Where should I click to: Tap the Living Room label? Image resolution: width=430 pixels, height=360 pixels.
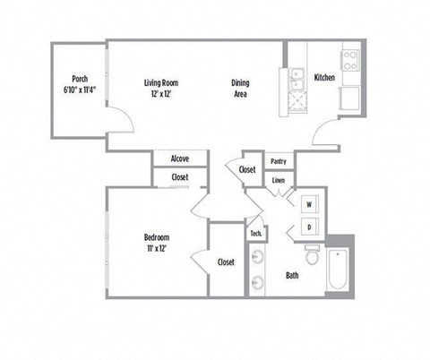pyautogui.click(x=162, y=83)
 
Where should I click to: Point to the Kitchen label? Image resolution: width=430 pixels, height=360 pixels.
pyautogui.click(x=324, y=78)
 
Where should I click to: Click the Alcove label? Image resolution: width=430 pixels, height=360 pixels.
pyautogui.click(x=180, y=159)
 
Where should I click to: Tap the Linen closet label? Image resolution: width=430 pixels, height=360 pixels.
pyautogui.click(x=278, y=180)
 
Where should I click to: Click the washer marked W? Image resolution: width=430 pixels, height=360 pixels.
pyautogui.click(x=309, y=203)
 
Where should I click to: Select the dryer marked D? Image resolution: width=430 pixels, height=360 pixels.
pyautogui.click(x=309, y=228)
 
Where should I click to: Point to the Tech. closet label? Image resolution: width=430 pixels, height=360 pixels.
pyautogui.click(x=255, y=234)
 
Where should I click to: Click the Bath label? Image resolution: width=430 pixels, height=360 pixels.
pyautogui.click(x=292, y=275)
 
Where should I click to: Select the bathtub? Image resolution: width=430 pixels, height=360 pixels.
pyautogui.click(x=338, y=268)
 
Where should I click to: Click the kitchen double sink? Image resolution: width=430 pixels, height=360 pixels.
pyautogui.click(x=298, y=81)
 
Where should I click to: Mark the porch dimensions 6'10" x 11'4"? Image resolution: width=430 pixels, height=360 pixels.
pyautogui.click(x=79, y=90)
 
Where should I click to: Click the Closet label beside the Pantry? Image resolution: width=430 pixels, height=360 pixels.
pyautogui.click(x=247, y=169)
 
